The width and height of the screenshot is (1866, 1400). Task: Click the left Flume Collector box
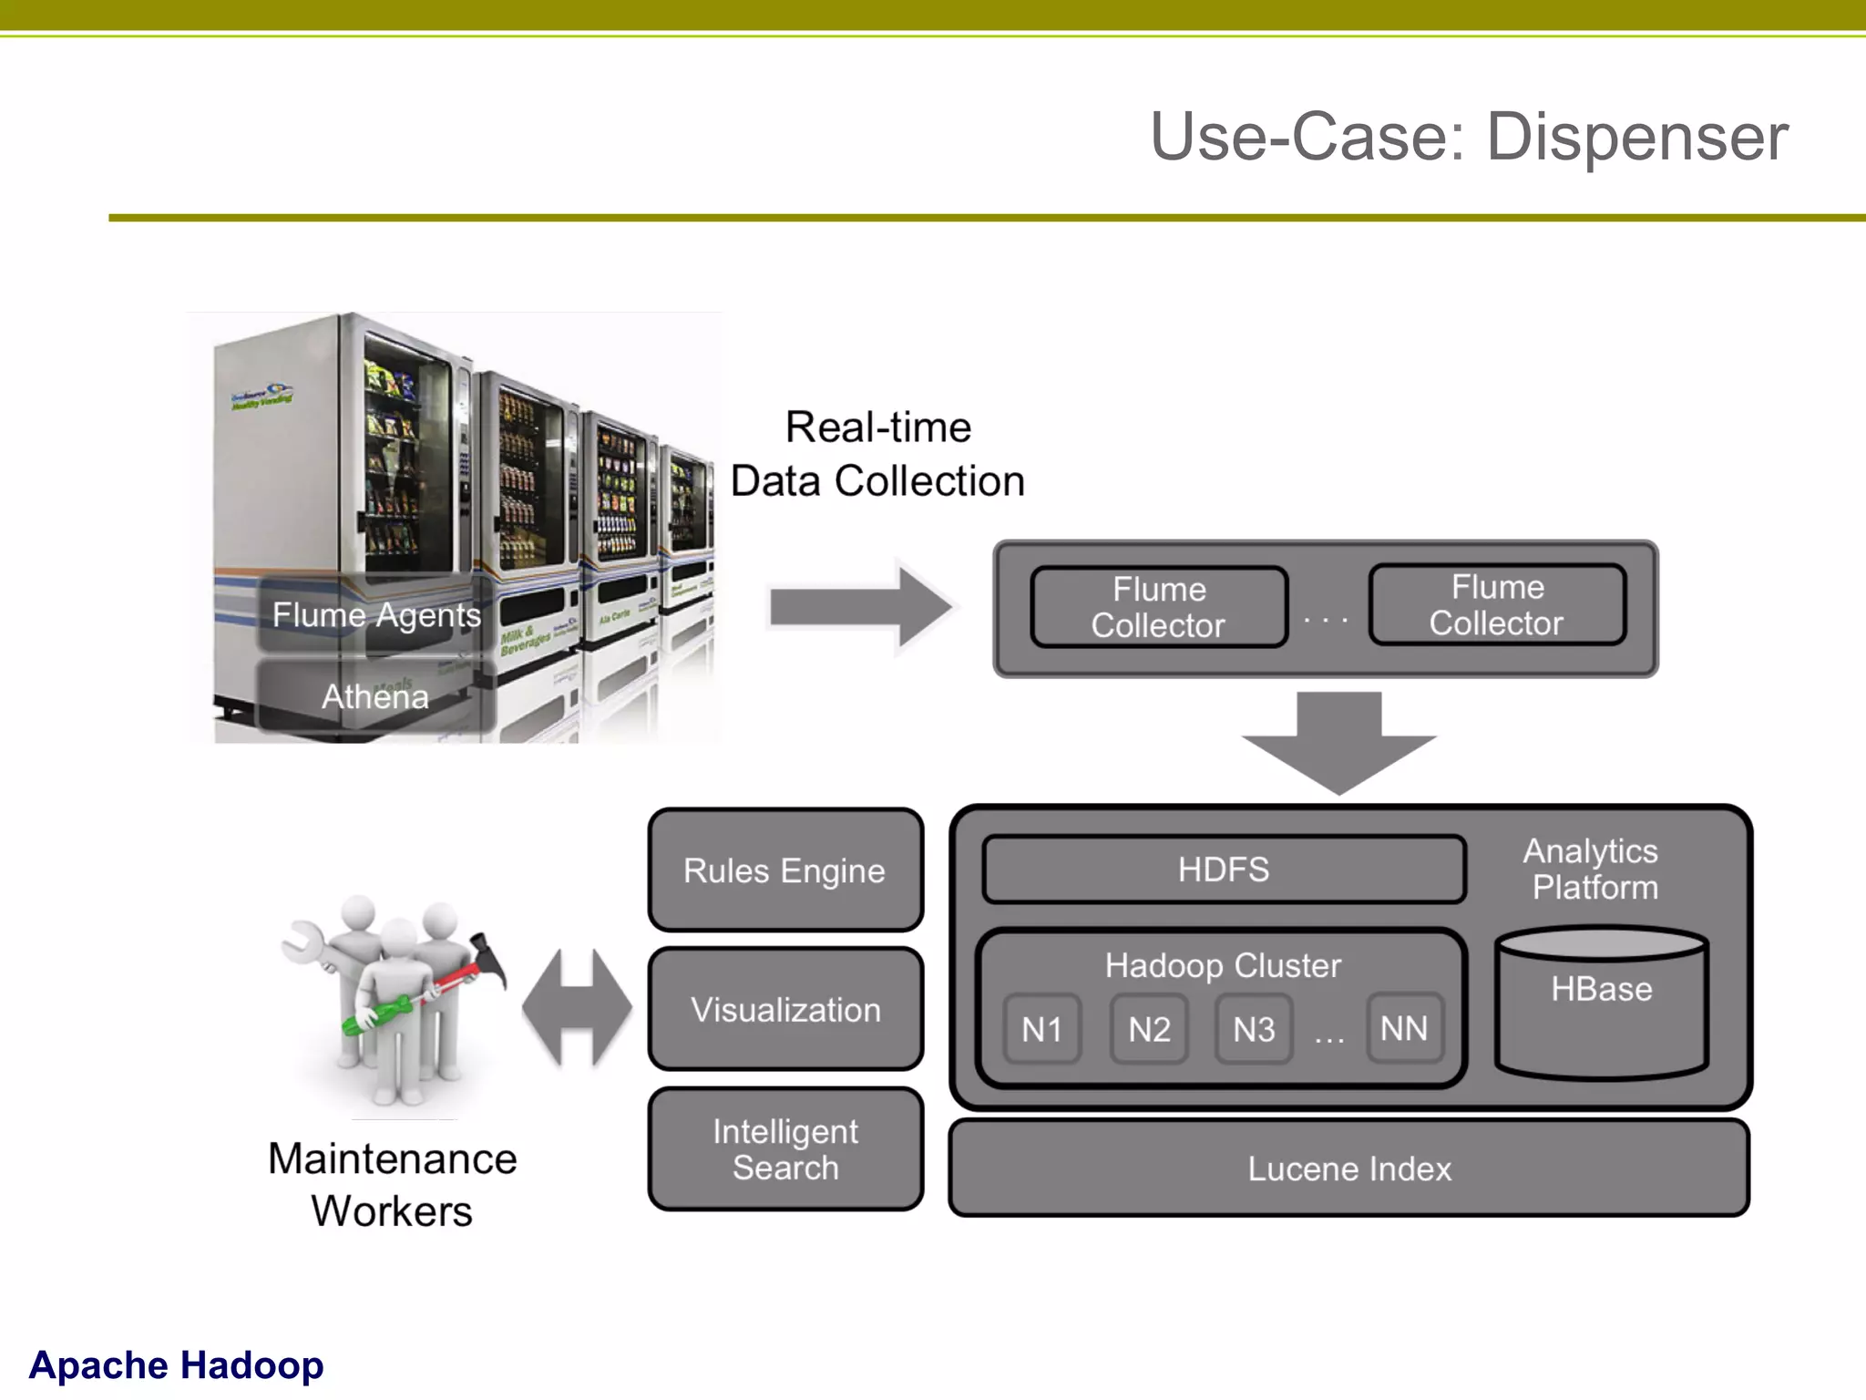[x=1159, y=607]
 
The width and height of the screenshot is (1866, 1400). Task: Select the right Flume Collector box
[x=1497, y=605]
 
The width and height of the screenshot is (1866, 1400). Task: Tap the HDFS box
[x=1224, y=870]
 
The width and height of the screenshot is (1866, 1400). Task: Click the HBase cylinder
[x=1602, y=1003]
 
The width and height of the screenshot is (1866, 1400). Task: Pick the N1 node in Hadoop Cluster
[x=1042, y=1029]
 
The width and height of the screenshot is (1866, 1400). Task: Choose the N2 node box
[x=1149, y=1029]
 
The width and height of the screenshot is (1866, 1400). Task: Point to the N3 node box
[x=1254, y=1029]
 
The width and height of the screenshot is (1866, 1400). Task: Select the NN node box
[x=1404, y=1028]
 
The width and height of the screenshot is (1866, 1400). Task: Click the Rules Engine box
[x=785, y=870]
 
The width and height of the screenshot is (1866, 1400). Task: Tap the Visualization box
[x=785, y=1010]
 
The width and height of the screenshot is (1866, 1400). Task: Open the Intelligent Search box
[x=785, y=1149]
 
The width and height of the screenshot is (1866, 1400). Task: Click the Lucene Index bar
[x=1348, y=1168]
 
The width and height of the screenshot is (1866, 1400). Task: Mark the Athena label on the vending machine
[x=375, y=696]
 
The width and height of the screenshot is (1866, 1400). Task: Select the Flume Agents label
[x=376, y=615]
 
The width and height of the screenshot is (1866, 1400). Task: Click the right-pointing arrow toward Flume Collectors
[x=861, y=607]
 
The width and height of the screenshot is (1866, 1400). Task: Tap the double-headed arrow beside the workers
[x=577, y=1008]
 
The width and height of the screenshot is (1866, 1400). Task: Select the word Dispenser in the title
[x=1637, y=137]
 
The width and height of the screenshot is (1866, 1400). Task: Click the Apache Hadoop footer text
[x=176, y=1365]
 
